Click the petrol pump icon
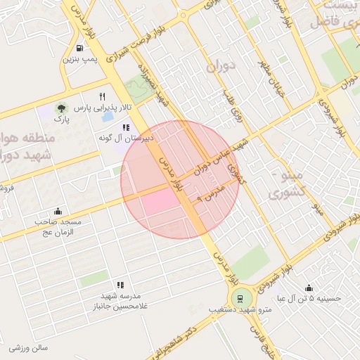pos(79,49)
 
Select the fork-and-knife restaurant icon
pos(103,96)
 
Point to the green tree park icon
pos(61,108)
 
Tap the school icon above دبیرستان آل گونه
pos(126,128)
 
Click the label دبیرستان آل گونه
pos(127,141)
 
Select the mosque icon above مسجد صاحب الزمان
pos(58,211)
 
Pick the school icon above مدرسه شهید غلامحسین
pos(120,285)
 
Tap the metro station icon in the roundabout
pos(241,297)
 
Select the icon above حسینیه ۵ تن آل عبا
pos(309,287)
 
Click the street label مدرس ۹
pos(210,195)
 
